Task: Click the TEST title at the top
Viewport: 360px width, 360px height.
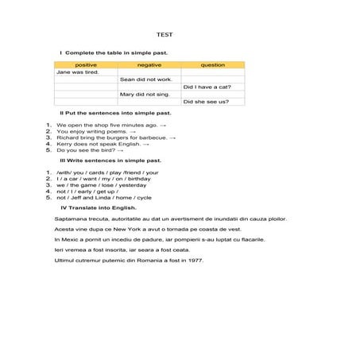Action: pyautogui.click(x=164, y=34)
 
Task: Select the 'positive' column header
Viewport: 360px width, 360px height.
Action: pyautogui.click(x=85, y=64)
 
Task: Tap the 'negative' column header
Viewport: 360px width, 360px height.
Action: pyautogui.click(x=149, y=64)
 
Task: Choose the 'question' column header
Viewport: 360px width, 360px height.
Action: pyautogui.click(x=212, y=64)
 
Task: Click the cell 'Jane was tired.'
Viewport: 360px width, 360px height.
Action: pyautogui.click(x=78, y=72)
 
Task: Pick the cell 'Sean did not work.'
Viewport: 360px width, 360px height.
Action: pyautogui.click(x=146, y=79)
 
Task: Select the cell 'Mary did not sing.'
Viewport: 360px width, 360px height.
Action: pyautogui.click(x=145, y=94)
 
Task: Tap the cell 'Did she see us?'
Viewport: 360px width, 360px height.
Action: pyautogui.click(x=206, y=102)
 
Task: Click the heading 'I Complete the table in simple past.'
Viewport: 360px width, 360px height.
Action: pyautogui.click(x=114, y=52)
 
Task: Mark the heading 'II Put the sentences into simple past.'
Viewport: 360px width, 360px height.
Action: pyautogui.click(x=115, y=113)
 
